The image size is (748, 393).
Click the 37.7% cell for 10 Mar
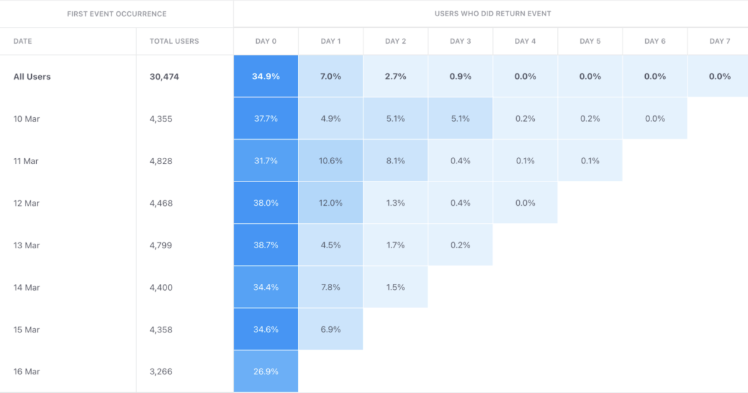(x=266, y=119)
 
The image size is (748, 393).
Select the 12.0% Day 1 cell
(x=330, y=203)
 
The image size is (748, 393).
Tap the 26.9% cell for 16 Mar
(x=266, y=371)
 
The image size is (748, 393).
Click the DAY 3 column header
(x=460, y=41)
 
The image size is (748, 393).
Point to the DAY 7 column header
(x=719, y=41)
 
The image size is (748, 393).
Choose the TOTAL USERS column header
(x=174, y=41)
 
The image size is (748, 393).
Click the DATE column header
(x=22, y=41)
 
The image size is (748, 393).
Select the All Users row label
(x=32, y=77)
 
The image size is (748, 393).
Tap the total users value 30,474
(x=164, y=77)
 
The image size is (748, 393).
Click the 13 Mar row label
(x=26, y=245)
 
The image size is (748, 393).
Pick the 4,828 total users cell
(x=161, y=161)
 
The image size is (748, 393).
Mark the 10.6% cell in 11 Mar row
(x=330, y=161)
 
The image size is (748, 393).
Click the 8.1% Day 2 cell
(x=395, y=161)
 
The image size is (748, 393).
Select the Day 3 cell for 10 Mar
(x=460, y=119)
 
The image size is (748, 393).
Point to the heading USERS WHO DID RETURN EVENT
(x=492, y=13)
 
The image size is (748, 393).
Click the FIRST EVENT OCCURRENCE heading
(x=117, y=13)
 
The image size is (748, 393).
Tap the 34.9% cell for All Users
(x=266, y=77)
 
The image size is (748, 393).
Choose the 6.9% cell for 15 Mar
(x=330, y=329)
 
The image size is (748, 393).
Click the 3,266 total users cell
(x=161, y=371)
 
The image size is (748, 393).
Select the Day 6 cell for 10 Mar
(x=654, y=119)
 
